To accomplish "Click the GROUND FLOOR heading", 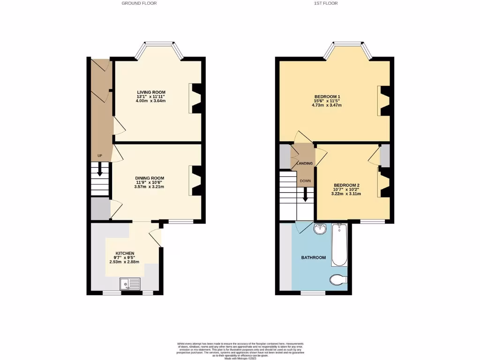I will pyautogui.click(x=139, y=3).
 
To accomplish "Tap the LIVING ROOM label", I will pyautogui.click(x=151, y=92).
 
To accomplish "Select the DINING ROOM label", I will pyautogui.click(x=150, y=178).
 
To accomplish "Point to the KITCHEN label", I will pyautogui.click(x=125, y=253).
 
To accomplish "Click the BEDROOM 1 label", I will pyautogui.click(x=326, y=97).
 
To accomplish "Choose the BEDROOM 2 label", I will pyautogui.click(x=346, y=185).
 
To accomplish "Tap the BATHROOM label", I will pyautogui.click(x=313, y=257).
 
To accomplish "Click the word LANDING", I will pyautogui.click(x=305, y=164).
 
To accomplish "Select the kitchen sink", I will pyautogui.click(x=130, y=284).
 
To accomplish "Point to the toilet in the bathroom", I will pyautogui.click(x=337, y=280).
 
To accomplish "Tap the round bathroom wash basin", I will pyautogui.click(x=320, y=229).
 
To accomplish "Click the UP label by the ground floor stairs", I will pyautogui.click(x=99, y=156).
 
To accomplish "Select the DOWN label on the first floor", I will pyautogui.click(x=305, y=181).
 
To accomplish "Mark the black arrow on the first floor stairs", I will pyautogui.click(x=305, y=195).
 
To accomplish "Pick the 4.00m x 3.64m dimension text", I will pyautogui.click(x=151, y=101).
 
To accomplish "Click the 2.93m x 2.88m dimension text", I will pyautogui.click(x=125, y=262).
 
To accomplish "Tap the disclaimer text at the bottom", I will pyautogui.click(x=240, y=351).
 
